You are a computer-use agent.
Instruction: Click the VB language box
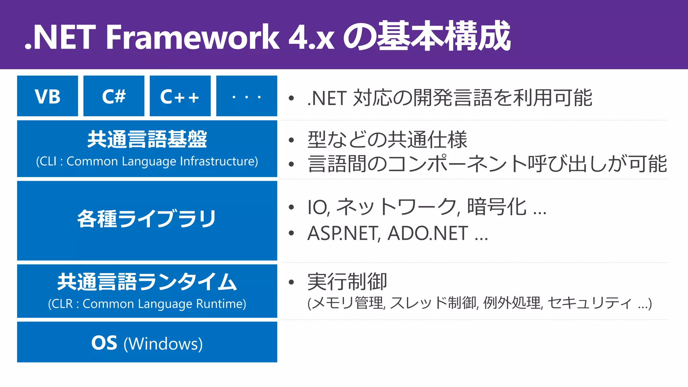(x=47, y=96)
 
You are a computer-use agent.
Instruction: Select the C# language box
(x=114, y=96)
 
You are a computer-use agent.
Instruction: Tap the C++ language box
(x=180, y=96)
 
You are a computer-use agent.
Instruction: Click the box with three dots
(x=247, y=96)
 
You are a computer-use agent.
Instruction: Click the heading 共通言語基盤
(x=147, y=139)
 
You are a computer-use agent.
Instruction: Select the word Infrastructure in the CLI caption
(x=219, y=161)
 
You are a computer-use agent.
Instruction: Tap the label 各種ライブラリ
(x=147, y=219)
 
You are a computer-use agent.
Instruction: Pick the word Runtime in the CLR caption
(x=221, y=304)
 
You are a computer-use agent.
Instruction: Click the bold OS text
(x=104, y=343)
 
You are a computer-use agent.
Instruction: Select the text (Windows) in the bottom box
(x=163, y=344)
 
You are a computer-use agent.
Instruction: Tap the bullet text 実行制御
(x=347, y=282)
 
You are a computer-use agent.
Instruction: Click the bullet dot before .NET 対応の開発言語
(x=291, y=98)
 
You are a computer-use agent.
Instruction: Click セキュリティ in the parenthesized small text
(x=590, y=303)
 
